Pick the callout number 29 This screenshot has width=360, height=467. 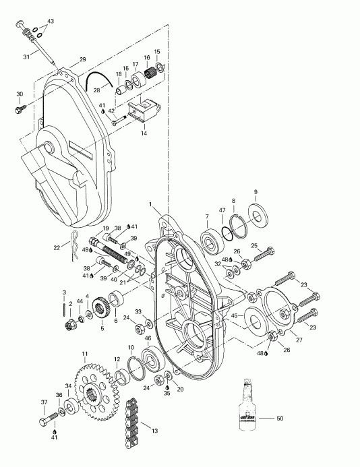[x=82, y=60]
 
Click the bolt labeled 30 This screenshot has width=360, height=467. [x=18, y=107]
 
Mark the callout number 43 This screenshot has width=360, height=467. [x=51, y=22]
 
